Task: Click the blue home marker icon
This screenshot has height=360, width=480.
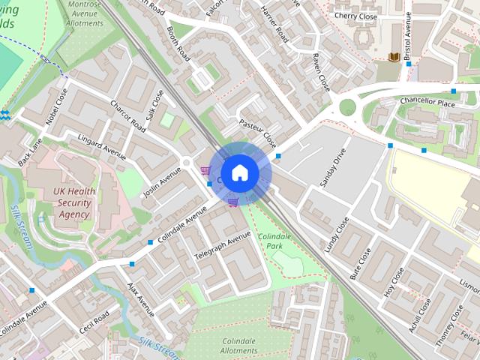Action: click(x=239, y=172)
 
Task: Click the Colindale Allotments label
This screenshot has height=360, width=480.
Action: click(x=239, y=346)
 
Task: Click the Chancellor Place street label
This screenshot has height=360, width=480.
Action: click(x=427, y=103)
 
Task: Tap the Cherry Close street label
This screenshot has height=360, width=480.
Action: click(x=355, y=15)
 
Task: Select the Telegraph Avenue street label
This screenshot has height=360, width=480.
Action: click(x=222, y=247)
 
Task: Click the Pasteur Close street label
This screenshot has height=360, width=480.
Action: click(x=257, y=133)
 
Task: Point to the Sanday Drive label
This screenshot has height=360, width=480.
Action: click(x=334, y=172)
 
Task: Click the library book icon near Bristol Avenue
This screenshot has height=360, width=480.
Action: click(x=394, y=58)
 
